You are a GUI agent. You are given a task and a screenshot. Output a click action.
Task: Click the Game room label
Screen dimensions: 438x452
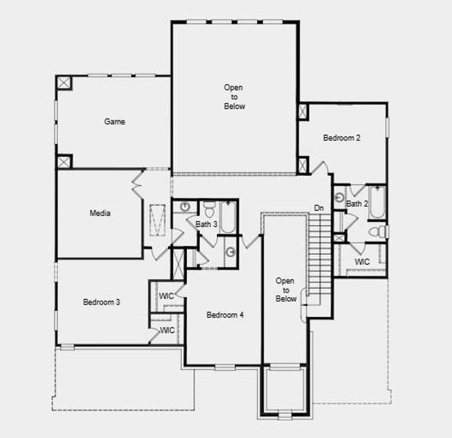point(115,122)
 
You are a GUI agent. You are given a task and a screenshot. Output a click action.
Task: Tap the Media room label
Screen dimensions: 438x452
point(100,213)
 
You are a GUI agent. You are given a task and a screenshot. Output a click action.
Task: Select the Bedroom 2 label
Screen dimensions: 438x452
point(342,138)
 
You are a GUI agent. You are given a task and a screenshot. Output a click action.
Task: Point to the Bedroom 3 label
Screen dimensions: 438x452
point(101,302)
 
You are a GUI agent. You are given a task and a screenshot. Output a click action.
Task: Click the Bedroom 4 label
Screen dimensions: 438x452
point(225,315)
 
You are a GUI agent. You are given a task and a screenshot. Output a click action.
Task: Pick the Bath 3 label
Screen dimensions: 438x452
point(206,224)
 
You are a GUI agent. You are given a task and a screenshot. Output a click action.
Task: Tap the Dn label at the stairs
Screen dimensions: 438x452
point(319,208)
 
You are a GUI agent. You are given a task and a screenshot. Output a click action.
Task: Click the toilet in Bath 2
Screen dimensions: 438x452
point(377,232)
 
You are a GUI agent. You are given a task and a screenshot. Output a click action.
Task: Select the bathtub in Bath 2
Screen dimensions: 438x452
point(378,202)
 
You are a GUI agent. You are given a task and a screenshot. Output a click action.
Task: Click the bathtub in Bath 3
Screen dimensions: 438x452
point(228,215)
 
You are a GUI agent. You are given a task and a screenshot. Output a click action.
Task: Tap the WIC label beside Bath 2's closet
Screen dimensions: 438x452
point(361,261)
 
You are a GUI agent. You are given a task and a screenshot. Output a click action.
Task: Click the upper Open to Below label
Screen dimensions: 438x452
point(234,97)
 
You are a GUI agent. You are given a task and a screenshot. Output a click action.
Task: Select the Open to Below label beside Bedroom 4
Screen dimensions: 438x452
point(286,289)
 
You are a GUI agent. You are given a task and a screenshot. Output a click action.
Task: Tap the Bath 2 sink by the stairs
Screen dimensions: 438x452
point(340,196)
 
